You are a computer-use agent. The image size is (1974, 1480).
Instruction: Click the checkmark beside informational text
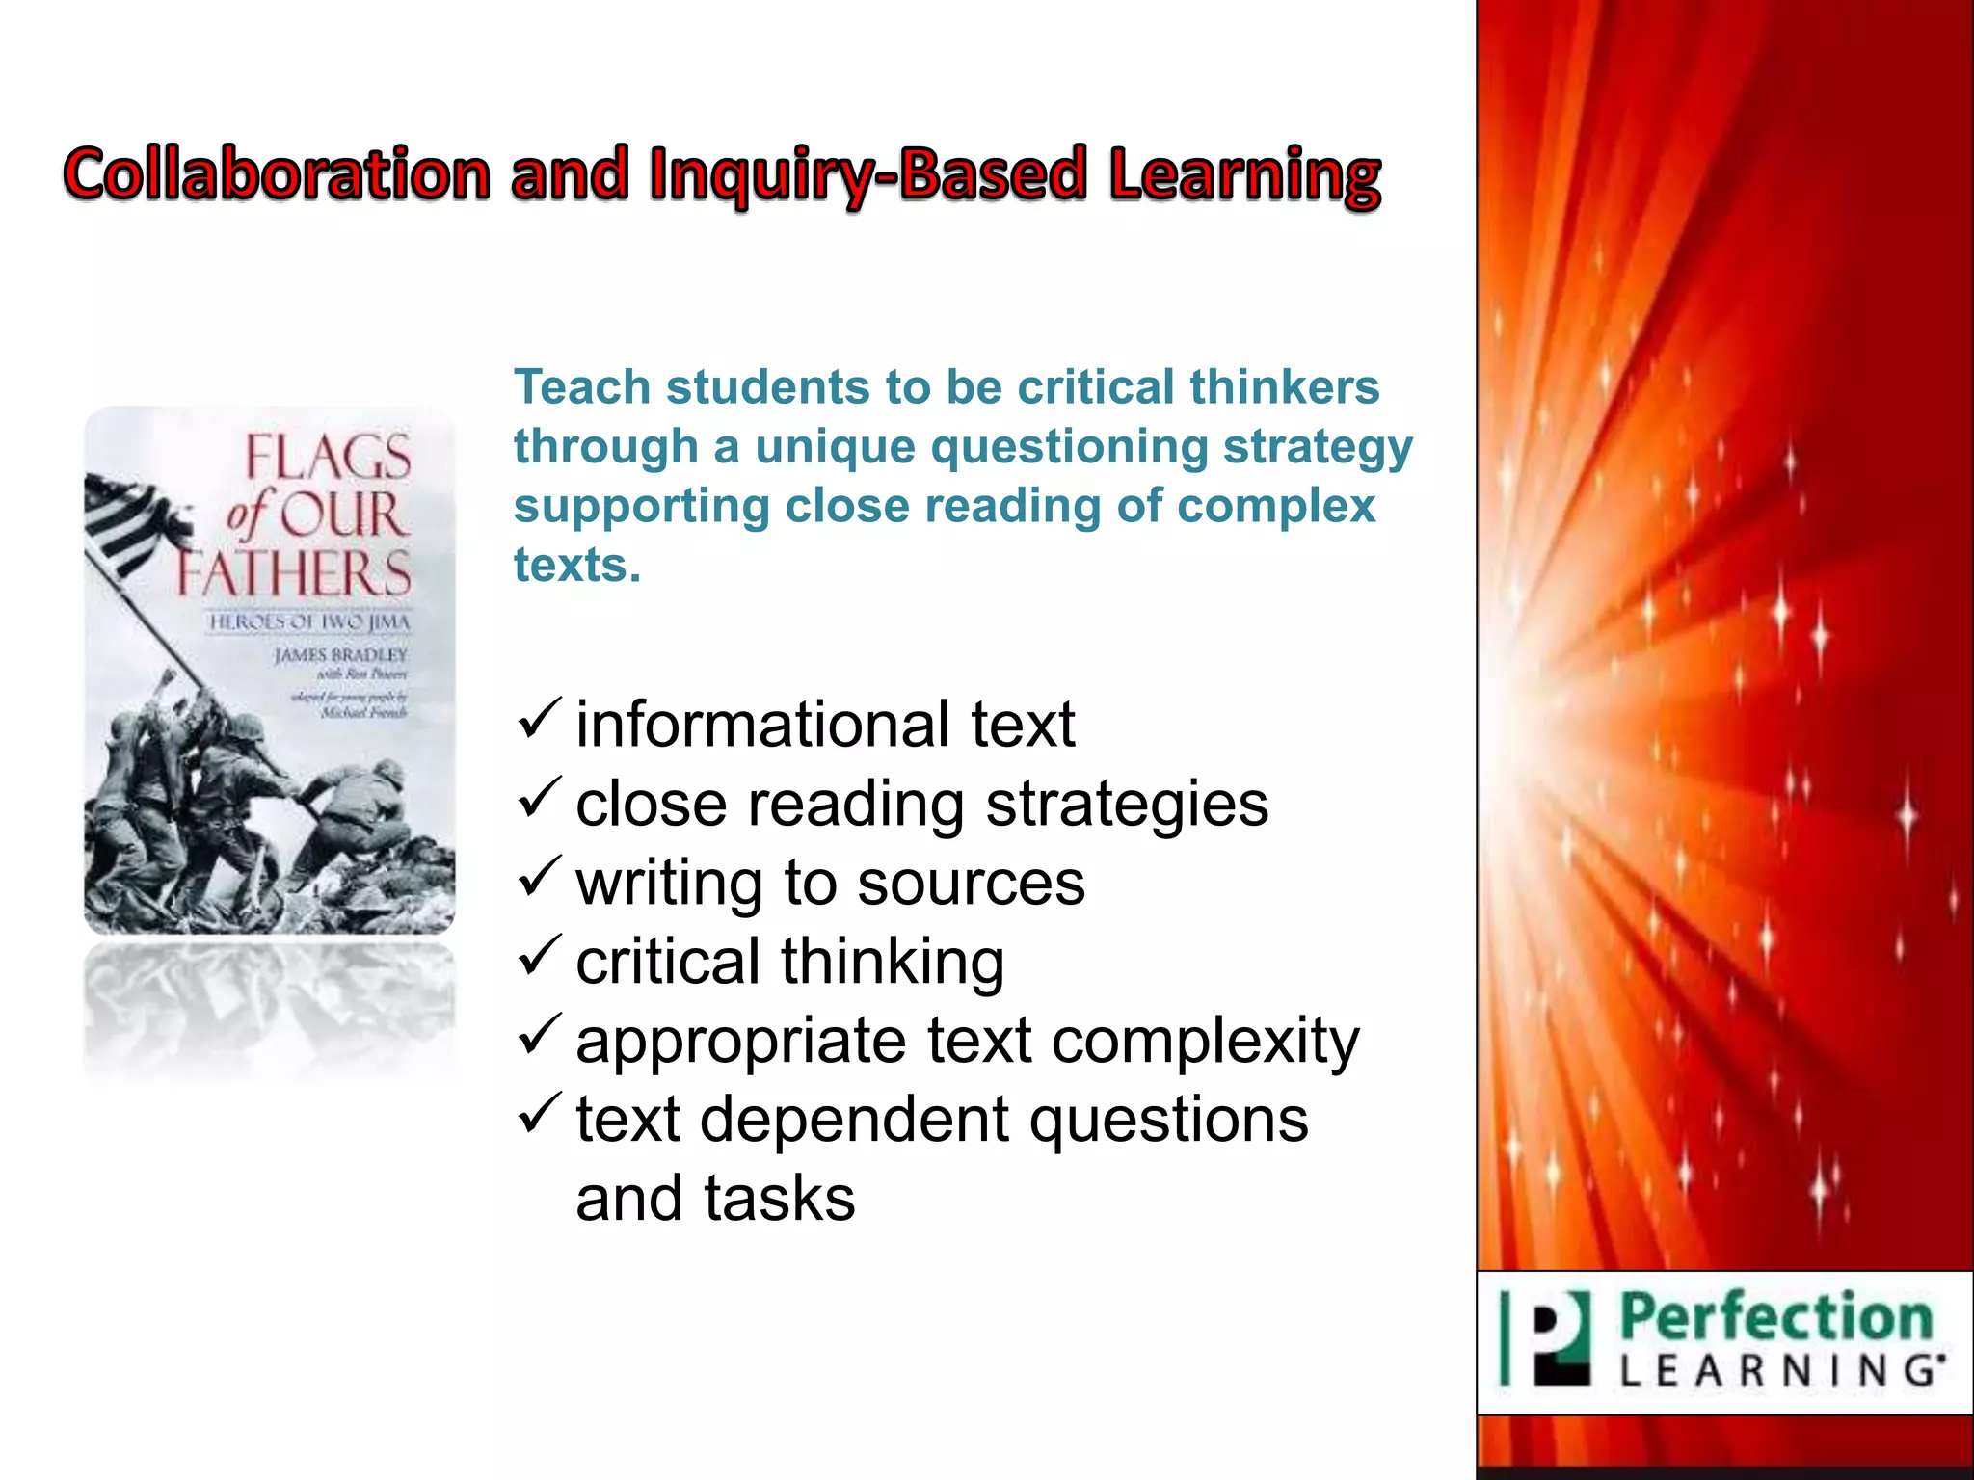[539, 720]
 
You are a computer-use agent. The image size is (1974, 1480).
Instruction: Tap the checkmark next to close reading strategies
[539, 799]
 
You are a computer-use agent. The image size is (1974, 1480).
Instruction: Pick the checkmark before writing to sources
[539, 878]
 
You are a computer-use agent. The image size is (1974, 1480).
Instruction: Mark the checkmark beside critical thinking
[539, 957]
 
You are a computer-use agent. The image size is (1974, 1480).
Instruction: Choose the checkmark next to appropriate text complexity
[539, 1036]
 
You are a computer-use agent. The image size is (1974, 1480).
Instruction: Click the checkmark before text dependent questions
[539, 1115]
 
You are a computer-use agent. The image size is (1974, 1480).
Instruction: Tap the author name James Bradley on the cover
[340, 655]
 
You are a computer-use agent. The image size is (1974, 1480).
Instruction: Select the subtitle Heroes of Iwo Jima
[309, 622]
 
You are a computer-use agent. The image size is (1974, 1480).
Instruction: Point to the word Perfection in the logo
[1775, 1318]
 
